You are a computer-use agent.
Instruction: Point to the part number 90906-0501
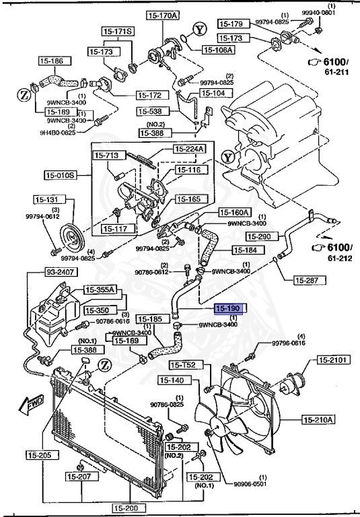252,483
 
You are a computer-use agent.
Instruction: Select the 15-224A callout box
188,149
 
